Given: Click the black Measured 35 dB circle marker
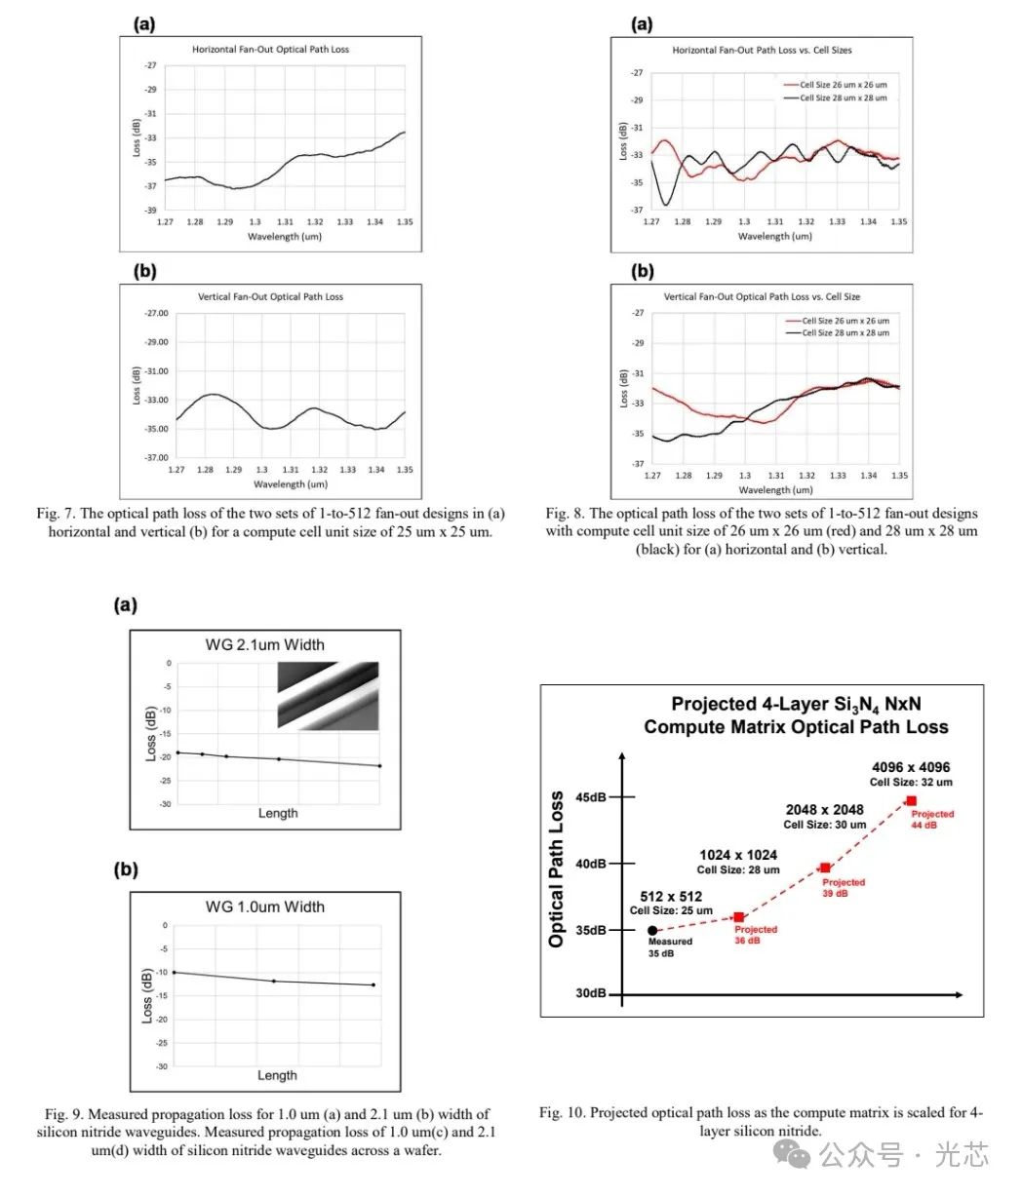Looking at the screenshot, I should tap(652, 931).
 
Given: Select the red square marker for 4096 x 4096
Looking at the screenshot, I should tap(911, 800).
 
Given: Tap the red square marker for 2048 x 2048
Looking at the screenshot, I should tap(826, 868).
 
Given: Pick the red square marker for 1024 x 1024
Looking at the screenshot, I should tap(738, 917).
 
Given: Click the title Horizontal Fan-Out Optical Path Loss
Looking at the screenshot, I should tap(270, 49).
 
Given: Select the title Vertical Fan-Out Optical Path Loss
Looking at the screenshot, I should tap(270, 296).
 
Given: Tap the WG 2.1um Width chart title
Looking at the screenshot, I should tap(265, 644).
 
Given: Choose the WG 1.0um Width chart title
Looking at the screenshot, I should tap(265, 907).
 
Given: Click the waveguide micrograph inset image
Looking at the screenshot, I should tap(328, 695).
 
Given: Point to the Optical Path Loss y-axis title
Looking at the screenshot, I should tap(556, 869).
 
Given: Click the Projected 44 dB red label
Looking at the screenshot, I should tap(932, 819).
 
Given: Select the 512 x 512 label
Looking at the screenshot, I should tap(671, 897).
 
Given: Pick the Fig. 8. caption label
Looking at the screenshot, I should tap(567, 514).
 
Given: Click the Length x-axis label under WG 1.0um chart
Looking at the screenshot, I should tap(277, 1075).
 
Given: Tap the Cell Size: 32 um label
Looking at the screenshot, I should tap(911, 782).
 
